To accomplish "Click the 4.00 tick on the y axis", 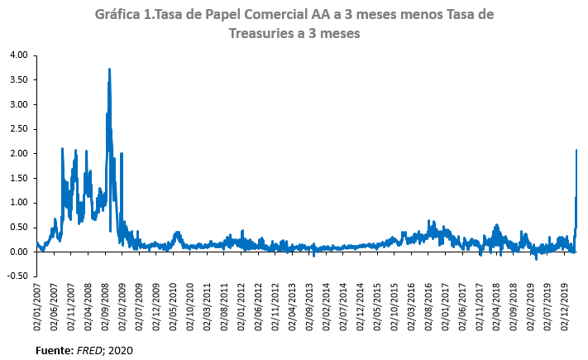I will [x=18, y=55].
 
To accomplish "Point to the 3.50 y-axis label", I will [x=18, y=79].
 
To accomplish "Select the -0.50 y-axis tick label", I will [x=17, y=276].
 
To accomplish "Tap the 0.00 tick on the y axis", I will [x=18, y=252].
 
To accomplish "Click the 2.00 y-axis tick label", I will [x=18, y=154].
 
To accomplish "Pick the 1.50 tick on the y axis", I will [x=18, y=178].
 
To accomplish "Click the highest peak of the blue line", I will [x=109, y=70].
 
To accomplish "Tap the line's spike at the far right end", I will [x=576, y=151].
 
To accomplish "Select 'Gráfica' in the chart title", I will [x=117, y=16].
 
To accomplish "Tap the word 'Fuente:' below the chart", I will [x=54, y=351].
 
